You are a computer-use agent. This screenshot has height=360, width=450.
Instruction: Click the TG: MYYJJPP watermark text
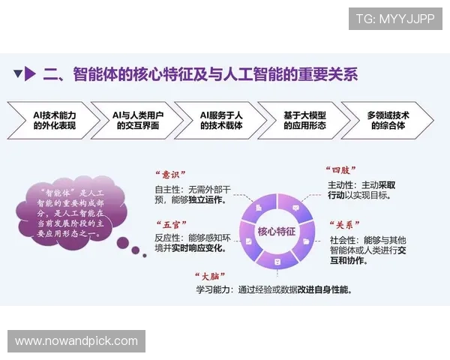click(x=394, y=19)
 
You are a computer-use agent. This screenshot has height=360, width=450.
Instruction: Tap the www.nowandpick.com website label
click(x=76, y=341)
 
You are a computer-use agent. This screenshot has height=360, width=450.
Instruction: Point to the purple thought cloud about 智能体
click(x=72, y=212)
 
